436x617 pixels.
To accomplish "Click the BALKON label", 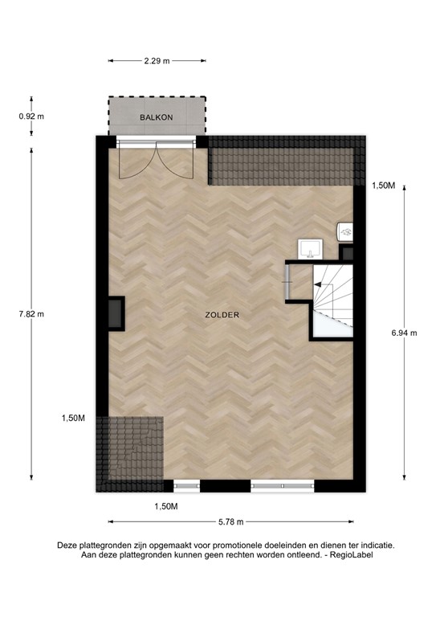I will [x=156, y=117].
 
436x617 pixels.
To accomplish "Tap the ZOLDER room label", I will [x=223, y=315].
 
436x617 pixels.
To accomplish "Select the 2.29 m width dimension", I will [x=157, y=60].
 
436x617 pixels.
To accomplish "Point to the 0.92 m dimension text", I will [x=31, y=116].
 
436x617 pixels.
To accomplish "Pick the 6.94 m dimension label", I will [x=403, y=333].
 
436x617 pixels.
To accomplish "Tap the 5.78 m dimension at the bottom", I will [x=230, y=521].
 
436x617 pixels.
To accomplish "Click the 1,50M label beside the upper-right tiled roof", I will [x=384, y=186].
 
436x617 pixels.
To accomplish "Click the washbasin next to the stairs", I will [x=309, y=247].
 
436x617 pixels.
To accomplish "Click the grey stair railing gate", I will [x=287, y=283].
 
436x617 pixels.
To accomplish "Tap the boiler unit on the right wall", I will [x=345, y=231].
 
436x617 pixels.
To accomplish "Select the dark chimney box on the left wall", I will [x=116, y=313].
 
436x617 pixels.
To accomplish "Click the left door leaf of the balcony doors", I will [x=131, y=164].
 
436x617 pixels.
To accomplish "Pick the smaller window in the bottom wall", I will [x=186, y=485].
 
